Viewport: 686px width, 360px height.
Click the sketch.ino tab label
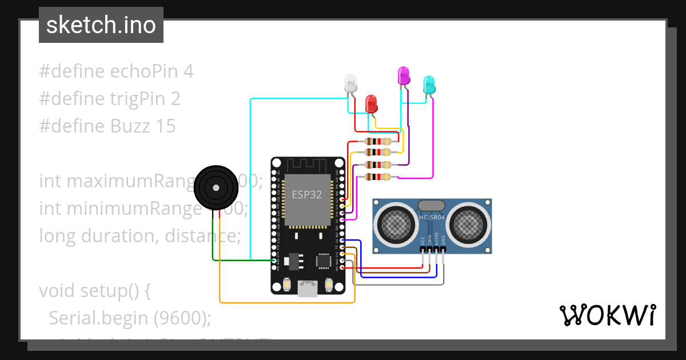101,25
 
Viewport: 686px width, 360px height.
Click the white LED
350,84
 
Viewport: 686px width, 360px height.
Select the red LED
371,103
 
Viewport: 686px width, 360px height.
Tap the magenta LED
404,75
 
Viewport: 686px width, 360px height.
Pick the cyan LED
429,85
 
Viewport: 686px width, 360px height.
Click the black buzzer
216,187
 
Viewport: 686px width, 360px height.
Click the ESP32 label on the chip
307,194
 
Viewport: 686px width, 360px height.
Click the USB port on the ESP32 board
308,289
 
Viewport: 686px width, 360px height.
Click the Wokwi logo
607,315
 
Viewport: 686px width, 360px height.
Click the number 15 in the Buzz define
165,126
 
